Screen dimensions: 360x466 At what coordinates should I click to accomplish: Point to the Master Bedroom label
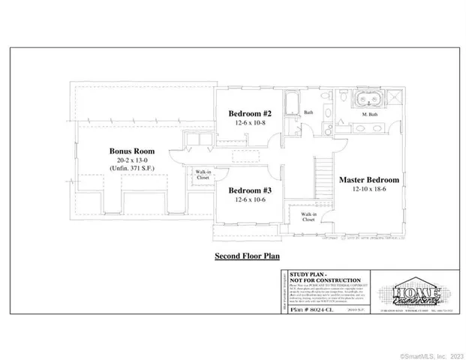[x=368, y=180]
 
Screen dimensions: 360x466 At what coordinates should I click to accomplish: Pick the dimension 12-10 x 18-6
[x=368, y=191]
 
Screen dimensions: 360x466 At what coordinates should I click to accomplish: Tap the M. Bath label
[x=368, y=115]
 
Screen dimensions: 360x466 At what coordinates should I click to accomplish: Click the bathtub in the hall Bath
[x=291, y=101]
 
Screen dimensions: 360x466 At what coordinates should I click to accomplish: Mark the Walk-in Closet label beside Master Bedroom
[x=308, y=218]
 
